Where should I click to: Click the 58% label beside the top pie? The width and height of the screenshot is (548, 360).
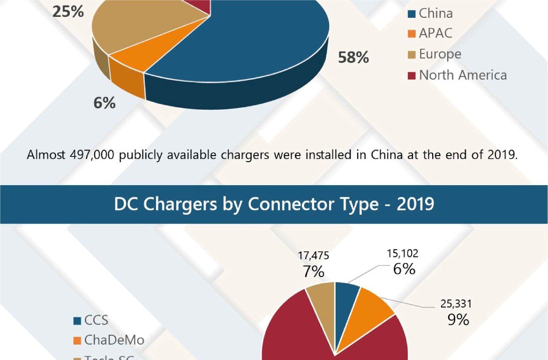[x=353, y=58]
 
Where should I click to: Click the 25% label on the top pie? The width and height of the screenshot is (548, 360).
[x=68, y=11]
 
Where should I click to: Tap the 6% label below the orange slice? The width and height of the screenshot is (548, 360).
[x=104, y=103]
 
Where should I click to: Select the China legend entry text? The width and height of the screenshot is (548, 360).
[x=435, y=13]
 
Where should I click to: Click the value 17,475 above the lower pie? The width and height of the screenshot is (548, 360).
[x=314, y=256]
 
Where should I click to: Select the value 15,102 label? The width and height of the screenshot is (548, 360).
[x=403, y=254]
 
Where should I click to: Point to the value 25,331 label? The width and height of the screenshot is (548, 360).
[x=456, y=304]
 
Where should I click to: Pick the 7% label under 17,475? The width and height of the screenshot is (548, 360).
[x=314, y=271]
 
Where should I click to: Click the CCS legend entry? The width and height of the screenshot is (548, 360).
[x=96, y=321]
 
